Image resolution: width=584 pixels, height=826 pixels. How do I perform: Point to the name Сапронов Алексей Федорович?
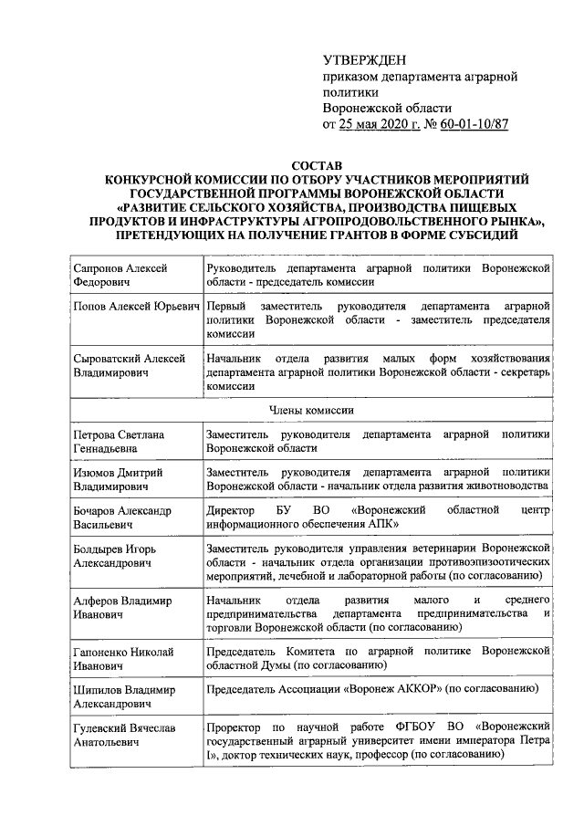[x=120, y=274]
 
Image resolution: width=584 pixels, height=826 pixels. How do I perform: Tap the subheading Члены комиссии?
[x=312, y=411]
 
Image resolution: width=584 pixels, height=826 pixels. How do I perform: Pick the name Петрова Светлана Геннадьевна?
[x=119, y=442]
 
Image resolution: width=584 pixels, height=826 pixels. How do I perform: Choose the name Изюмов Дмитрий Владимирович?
[x=119, y=480]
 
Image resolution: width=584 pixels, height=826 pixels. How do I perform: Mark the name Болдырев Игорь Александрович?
[x=120, y=557]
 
